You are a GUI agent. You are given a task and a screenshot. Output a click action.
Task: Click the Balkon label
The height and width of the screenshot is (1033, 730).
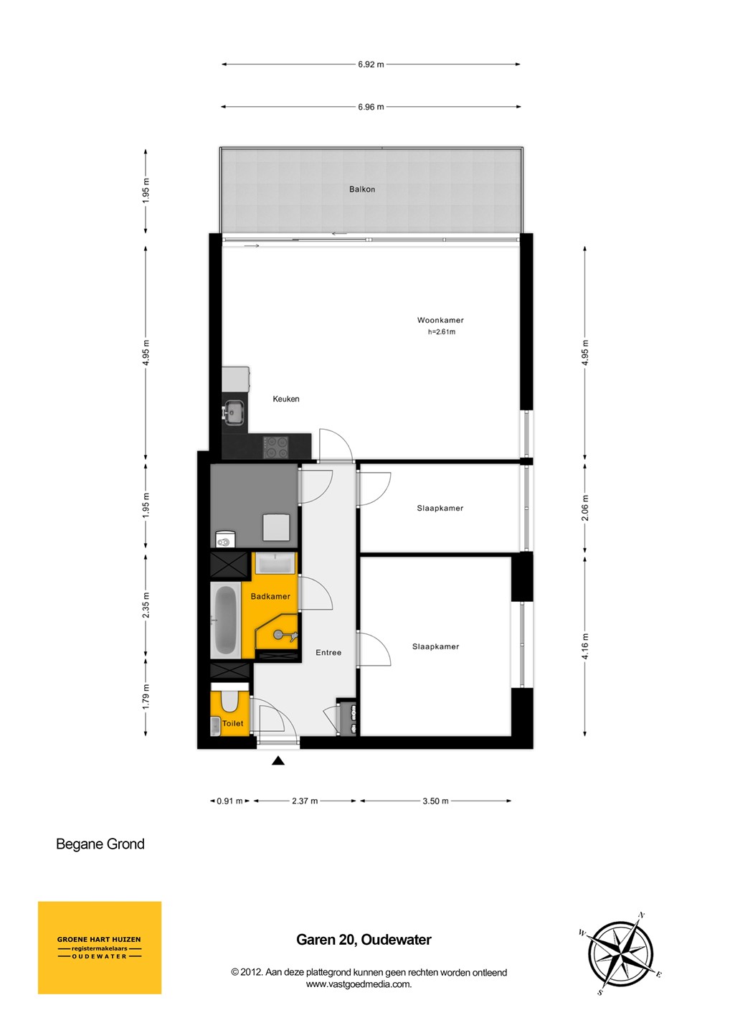pos(362,189)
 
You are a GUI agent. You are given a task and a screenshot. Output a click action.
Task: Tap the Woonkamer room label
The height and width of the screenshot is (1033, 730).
pos(440,320)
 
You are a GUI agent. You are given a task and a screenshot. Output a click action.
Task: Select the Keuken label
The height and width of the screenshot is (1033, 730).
pos(285,399)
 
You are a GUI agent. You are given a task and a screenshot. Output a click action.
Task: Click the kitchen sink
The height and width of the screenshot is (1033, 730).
pos(234,411)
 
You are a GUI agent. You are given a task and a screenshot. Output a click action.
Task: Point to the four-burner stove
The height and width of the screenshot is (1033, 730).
pos(275,446)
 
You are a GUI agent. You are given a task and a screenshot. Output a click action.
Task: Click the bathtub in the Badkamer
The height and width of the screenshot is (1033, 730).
pos(226,620)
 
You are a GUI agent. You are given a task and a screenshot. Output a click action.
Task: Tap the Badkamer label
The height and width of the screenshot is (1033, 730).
pos(270,596)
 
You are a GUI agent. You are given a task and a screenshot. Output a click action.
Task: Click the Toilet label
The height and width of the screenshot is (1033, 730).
pos(233,724)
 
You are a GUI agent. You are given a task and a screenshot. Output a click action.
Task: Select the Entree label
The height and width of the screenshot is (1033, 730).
pos(328,653)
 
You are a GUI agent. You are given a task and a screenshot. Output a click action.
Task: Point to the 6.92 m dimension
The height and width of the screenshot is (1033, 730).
pos(371,65)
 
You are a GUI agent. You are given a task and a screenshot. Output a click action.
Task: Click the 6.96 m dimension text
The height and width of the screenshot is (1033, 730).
pos(371,107)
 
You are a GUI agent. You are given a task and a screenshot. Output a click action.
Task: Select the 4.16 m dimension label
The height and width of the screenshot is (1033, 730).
pos(585,646)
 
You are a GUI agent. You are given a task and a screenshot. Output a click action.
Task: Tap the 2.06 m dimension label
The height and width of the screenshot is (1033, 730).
pos(585,508)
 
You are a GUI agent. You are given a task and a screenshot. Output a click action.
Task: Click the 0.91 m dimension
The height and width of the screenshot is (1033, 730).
pos(229,801)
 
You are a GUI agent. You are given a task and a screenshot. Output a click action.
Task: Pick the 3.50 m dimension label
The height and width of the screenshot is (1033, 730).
pos(435,801)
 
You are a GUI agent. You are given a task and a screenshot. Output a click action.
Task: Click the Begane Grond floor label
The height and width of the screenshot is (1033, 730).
pos(100,844)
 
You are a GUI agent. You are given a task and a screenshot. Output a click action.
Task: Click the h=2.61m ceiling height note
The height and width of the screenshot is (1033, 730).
pos(442,331)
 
